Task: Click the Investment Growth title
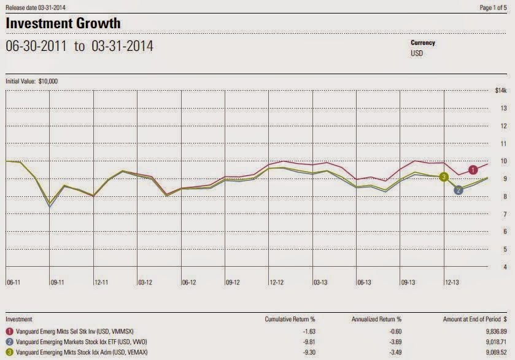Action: pyautogui.click(x=63, y=23)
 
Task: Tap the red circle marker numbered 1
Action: pyautogui.click(x=473, y=170)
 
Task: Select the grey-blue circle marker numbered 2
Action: pyautogui.click(x=459, y=190)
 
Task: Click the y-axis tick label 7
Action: pyautogui.click(x=504, y=214)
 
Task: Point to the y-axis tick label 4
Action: pyautogui.click(x=504, y=267)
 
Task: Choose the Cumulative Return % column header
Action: pyautogui.click(x=289, y=320)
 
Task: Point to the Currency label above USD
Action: pyautogui.click(x=424, y=43)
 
